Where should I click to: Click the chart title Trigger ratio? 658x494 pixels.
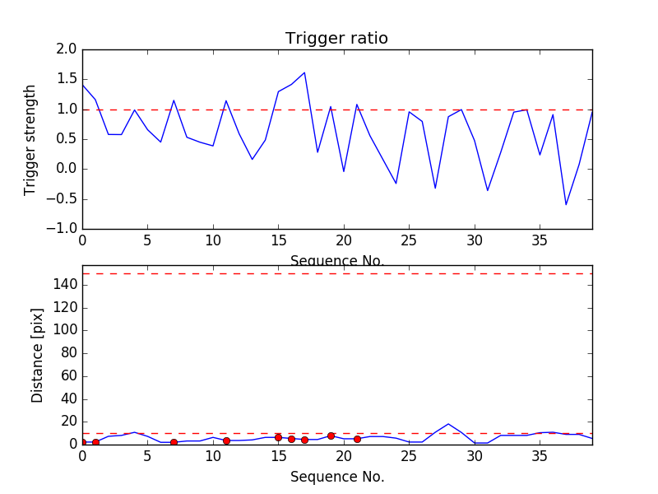pyautogui.click(x=336, y=39)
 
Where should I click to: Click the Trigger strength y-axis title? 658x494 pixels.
pyautogui.click(x=30, y=139)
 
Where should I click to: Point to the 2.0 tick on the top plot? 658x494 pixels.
pyautogui.click(x=67, y=49)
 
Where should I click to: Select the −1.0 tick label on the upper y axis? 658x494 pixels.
pyautogui.click(x=63, y=228)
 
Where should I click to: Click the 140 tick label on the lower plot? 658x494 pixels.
pyautogui.click(x=64, y=285)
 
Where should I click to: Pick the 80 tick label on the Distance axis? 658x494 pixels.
pyautogui.click(x=67, y=352)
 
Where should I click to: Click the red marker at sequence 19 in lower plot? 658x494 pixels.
pyautogui.click(x=331, y=436)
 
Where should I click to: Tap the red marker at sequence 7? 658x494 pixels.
pyautogui.click(x=174, y=442)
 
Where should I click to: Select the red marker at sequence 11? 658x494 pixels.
pyautogui.click(x=226, y=440)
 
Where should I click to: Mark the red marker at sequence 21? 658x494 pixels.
pyautogui.click(x=357, y=439)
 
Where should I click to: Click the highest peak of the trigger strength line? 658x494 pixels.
pyautogui.click(x=304, y=72)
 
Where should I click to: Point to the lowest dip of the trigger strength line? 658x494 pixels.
pyautogui.click(x=566, y=204)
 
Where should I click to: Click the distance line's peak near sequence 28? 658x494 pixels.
pyautogui.click(x=448, y=424)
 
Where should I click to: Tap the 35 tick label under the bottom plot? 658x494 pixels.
pyautogui.click(x=540, y=456)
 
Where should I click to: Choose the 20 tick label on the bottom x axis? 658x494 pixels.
pyautogui.click(x=344, y=456)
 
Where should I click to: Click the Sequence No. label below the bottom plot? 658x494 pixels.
pyautogui.click(x=337, y=477)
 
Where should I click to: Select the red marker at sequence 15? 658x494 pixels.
pyautogui.click(x=278, y=437)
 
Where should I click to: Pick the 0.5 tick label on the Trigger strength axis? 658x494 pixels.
pyautogui.click(x=67, y=139)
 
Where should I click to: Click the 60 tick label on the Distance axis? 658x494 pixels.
pyautogui.click(x=67, y=375)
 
